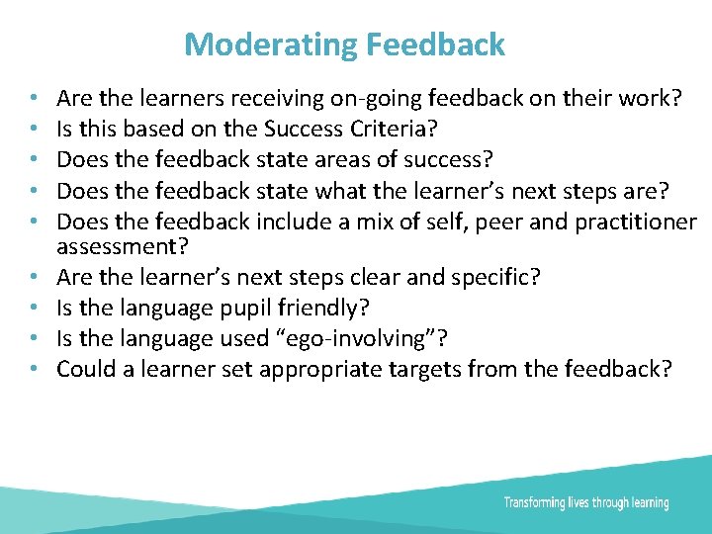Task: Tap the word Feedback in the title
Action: tap(435, 44)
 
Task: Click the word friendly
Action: tap(315, 308)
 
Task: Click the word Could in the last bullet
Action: tap(83, 369)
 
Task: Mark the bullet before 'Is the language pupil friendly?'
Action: tap(34, 307)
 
